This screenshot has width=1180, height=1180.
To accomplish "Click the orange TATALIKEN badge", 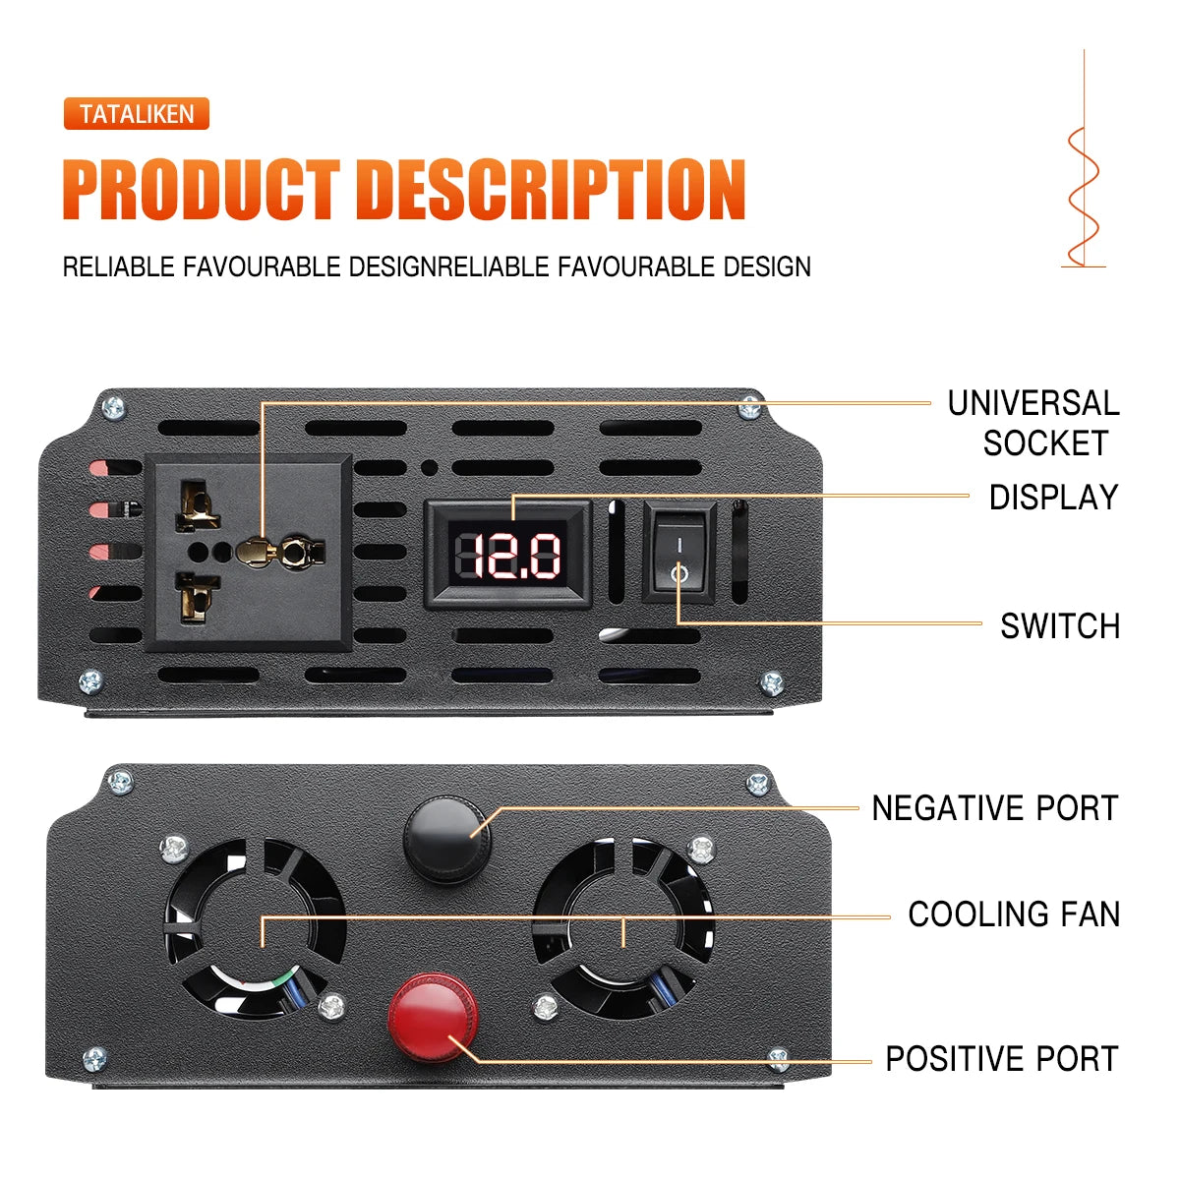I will (x=137, y=114).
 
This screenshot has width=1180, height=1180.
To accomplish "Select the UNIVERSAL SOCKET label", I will (x=1032, y=423).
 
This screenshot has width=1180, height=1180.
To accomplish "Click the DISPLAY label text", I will (x=1053, y=498).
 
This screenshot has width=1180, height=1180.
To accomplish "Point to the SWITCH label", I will (x=1059, y=626).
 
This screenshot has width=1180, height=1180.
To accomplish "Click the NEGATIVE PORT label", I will (x=994, y=808).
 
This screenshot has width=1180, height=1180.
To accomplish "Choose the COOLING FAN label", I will (x=1013, y=914).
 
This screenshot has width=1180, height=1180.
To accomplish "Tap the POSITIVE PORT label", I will (x=1001, y=1059).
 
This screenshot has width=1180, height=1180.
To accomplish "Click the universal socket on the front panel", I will (x=248, y=552).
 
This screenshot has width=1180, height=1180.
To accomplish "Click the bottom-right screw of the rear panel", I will (x=778, y=1059).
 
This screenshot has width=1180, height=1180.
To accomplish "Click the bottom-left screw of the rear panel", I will (x=94, y=1059).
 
